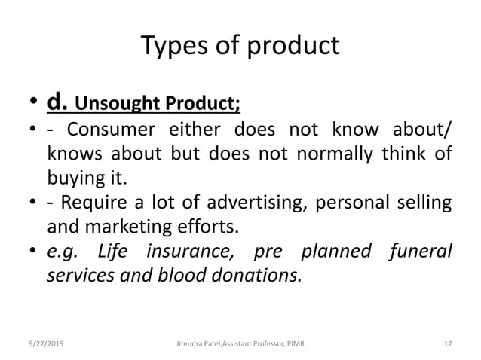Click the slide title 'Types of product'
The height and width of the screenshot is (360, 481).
(x=240, y=47)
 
